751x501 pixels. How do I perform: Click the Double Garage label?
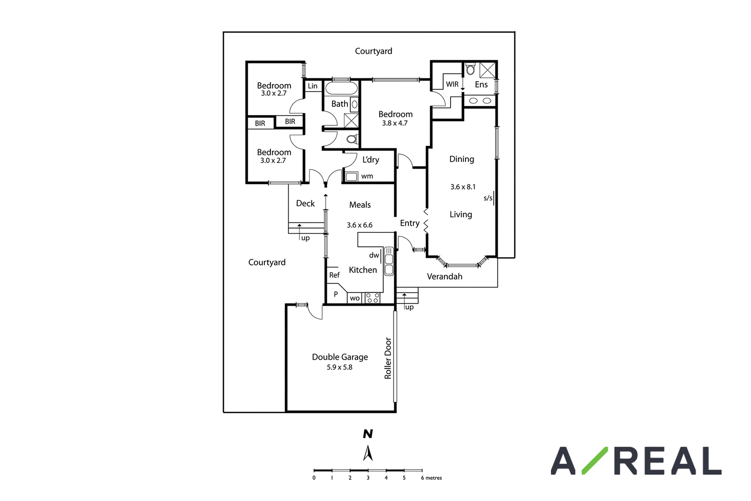point(340,357)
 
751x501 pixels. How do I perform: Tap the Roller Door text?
point(388,358)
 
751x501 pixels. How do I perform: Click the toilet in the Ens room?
point(470,69)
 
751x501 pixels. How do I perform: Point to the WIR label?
point(452,85)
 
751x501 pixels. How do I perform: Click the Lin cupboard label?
point(313,86)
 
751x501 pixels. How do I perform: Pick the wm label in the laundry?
point(367,176)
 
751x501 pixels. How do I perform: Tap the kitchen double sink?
point(389,261)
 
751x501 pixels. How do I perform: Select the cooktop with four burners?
point(373,298)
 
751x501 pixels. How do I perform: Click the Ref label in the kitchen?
point(334,275)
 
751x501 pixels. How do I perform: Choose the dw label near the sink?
point(374,255)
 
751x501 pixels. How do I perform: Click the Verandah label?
point(444,276)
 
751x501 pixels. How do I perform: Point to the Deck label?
point(305,203)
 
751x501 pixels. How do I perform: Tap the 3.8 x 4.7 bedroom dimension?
point(395,123)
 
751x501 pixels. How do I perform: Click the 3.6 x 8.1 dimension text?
point(463,187)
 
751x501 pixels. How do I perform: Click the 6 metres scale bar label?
point(431,478)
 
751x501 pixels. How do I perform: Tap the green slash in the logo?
point(595,461)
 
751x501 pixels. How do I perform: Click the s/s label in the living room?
point(488,198)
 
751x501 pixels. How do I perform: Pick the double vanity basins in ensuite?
point(479,100)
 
